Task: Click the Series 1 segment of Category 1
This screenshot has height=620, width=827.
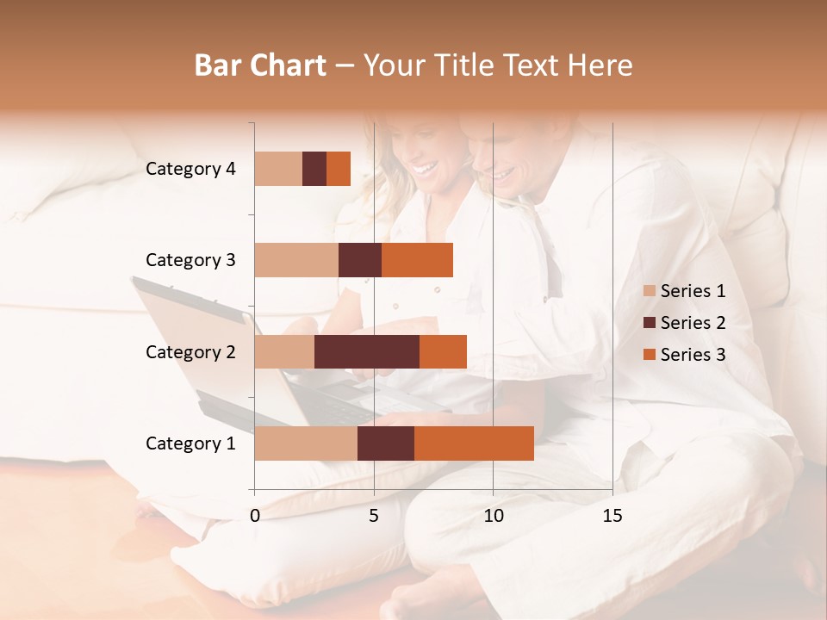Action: click(306, 443)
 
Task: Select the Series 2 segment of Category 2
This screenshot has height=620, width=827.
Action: click(367, 351)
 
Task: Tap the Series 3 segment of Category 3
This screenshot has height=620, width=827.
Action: click(417, 260)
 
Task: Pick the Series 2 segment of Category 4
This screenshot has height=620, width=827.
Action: click(314, 169)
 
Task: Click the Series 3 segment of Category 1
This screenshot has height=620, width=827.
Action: click(474, 443)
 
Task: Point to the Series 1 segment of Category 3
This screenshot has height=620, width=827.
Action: click(296, 260)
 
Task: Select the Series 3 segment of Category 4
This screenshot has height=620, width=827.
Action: click(339, 169)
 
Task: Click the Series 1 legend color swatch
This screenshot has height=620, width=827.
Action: click(649, 291)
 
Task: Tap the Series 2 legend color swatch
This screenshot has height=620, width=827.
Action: click(649, 323)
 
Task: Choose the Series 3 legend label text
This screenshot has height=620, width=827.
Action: click(693, 355)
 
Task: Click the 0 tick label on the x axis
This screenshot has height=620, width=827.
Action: click(255, 516)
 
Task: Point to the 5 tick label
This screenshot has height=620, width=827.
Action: click(374, 516)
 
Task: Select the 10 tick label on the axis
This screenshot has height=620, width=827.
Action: click(493, 516)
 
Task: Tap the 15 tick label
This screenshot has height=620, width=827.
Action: click(612, 516)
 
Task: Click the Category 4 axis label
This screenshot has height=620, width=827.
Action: click(190, 169)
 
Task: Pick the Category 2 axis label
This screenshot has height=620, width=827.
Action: click(190, 351)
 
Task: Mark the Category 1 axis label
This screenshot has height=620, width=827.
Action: click(190, 443)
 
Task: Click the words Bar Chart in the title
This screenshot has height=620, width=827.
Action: click(260, 65)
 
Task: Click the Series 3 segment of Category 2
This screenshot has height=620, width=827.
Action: click(443, 351)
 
